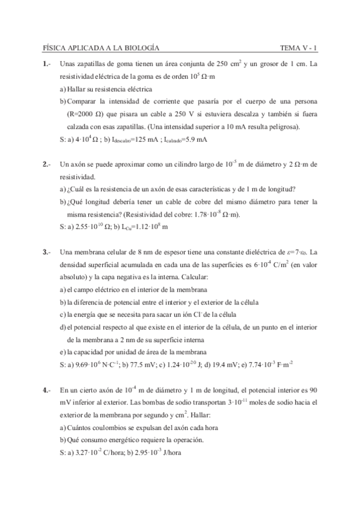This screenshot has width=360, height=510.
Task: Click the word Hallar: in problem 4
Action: click(x=215, y=415)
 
